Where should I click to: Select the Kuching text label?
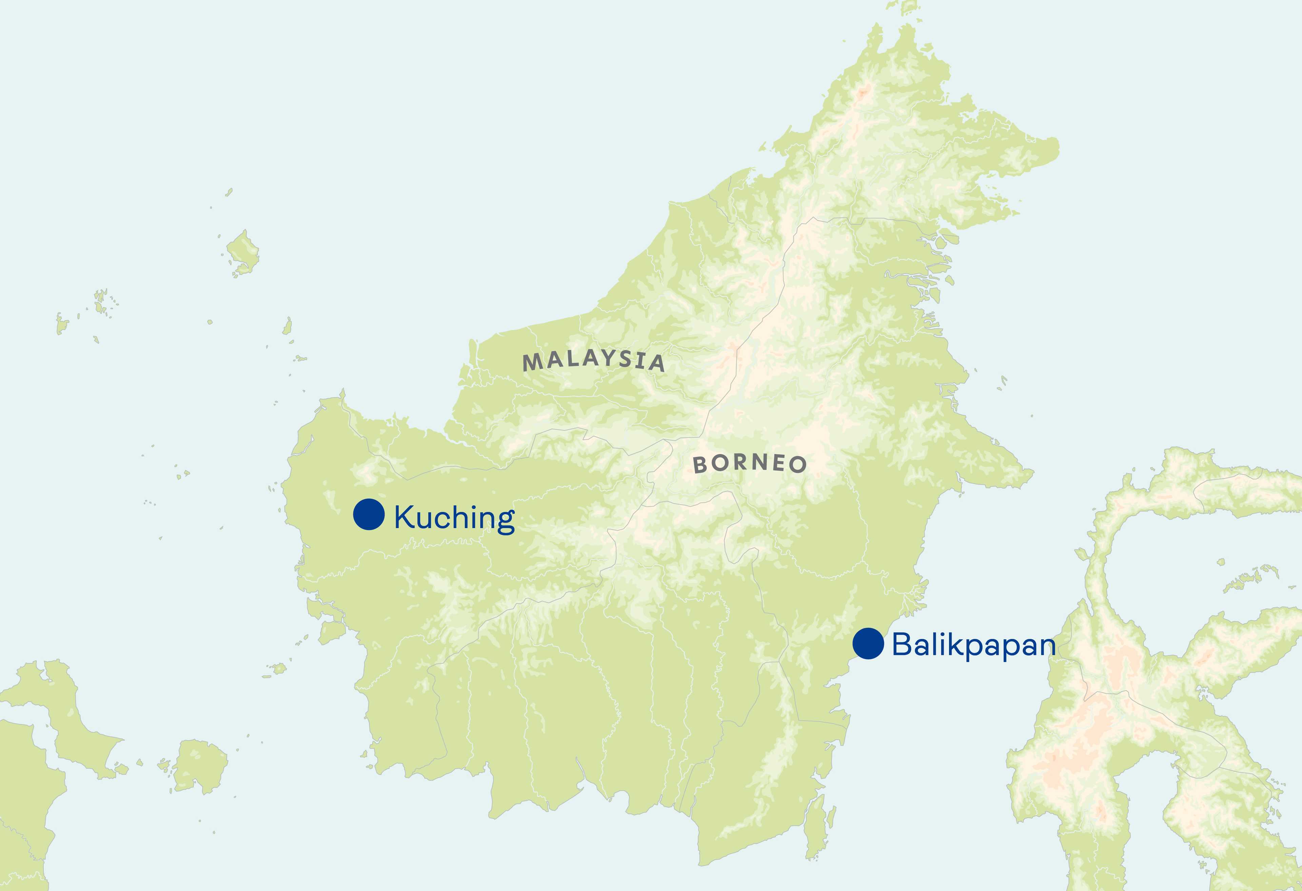coord(454,518)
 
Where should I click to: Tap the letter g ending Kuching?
coord(505,521)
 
